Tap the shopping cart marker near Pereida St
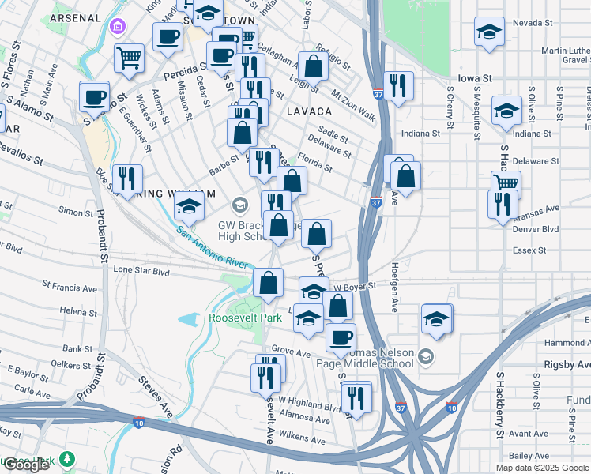[129, 57]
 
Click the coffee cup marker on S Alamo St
[94, 98]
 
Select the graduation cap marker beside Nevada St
[489, 33]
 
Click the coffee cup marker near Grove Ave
[341, 337]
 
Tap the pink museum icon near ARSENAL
[118, 28]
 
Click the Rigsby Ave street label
[567, 365]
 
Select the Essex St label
[530, 250]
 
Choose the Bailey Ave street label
[529, 456]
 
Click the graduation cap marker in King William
[190, 208]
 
